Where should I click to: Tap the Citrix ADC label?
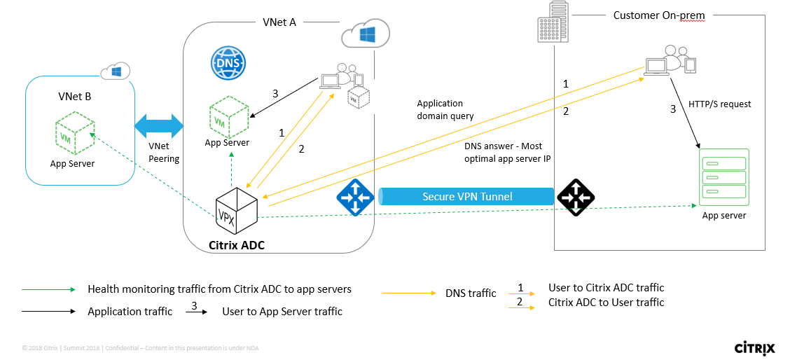(237, 245)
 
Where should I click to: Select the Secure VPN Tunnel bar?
(467, 197)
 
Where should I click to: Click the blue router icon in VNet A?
(355, 197)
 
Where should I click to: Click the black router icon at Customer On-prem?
(575, 197)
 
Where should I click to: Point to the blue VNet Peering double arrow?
(158, 127)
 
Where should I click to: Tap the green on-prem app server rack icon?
(723, 176)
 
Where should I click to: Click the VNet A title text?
(279, 22)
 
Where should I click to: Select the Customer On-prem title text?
(658, 15)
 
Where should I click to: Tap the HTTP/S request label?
(720, 104)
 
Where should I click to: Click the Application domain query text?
(445, 109)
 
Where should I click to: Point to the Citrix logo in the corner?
(753, 347)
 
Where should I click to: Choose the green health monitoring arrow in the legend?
(48, 289)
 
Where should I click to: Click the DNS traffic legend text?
(471, 293)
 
